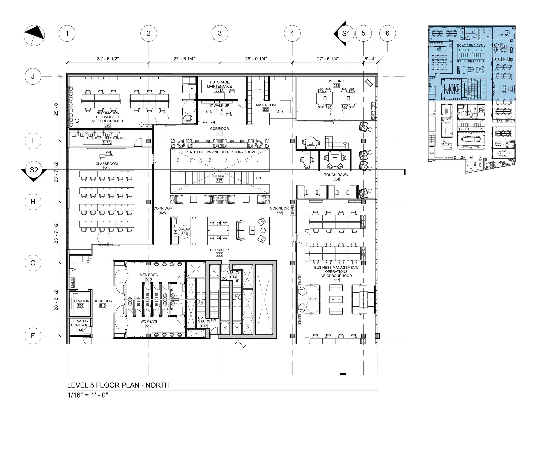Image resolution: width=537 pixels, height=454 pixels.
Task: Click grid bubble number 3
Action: tap(220, 33)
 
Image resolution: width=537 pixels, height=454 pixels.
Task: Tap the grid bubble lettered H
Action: tap(33, 202)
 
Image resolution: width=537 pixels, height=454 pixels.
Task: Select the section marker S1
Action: tap(346, 33)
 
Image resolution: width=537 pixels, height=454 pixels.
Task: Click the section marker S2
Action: tap(34, 170)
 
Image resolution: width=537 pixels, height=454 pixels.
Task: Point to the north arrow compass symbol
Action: tap(34, 35)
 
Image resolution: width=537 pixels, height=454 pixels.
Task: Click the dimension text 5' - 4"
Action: tap(370, 59)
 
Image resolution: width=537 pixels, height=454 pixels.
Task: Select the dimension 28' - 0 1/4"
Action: tap(256, 59)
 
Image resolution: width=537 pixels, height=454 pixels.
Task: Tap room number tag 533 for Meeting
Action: tap(336, 85)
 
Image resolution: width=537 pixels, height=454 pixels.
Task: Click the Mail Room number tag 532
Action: tap(266, 109)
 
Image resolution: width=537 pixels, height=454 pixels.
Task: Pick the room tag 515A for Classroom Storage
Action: tap(107, 143)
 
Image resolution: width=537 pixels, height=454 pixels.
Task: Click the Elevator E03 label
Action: tap(80, 305)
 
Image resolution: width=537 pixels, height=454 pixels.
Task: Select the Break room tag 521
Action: tap(184, 234)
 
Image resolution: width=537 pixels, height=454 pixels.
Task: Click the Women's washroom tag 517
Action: tap(149, 326)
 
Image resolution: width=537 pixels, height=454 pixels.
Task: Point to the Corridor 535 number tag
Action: tap(279, 213)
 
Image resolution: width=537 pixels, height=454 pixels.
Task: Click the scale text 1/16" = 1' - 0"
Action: tap(88, 395)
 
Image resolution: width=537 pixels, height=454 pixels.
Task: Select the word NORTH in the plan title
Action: tap(157, 385)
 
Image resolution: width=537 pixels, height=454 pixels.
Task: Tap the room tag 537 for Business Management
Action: tap(336, 280)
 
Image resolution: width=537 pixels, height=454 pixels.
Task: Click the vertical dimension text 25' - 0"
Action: tap(56, 109)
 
